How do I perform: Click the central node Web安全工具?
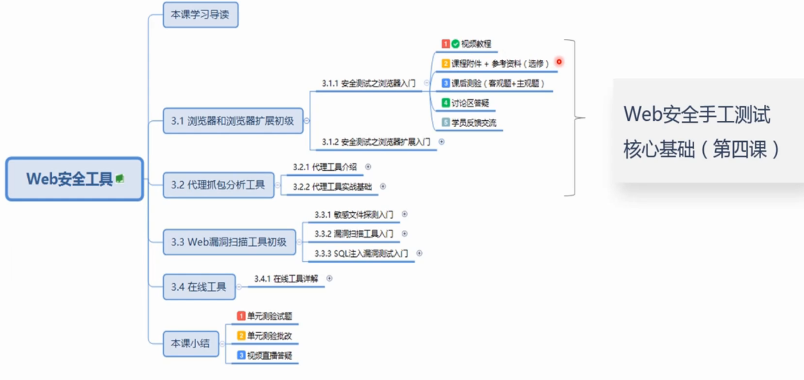(70, 179)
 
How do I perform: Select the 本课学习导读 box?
(200, 15)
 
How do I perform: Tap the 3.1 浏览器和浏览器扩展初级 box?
(232, 121)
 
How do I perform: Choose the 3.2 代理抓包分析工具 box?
(218, 185)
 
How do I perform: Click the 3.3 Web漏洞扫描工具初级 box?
(229, 242)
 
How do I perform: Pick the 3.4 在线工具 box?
(199, 286)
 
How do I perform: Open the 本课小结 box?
(190, 343)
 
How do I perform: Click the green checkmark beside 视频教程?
(456, 44)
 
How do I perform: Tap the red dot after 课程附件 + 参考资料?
(559, 62)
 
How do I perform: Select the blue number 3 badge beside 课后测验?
(446, 83)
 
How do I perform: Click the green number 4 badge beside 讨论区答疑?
(446, 103)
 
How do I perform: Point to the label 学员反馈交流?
(474, 123)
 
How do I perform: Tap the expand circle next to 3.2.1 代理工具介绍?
(368, 167)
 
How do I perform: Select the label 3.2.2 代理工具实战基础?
(332, 187)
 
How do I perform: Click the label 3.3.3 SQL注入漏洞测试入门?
(361, 253)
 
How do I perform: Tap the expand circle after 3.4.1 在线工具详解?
(330, 278)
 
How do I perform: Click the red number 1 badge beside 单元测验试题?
(241, 316)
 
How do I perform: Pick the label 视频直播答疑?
(265, 355)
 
